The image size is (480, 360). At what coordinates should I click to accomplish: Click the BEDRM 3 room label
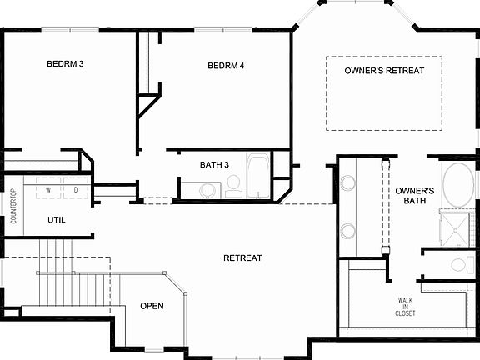pyautogui.click(x=65, y=64)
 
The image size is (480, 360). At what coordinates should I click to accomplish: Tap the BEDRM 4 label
pyautogui.click(x=226, y=66)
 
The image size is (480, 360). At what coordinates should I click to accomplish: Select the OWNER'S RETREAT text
pyautogui.click(x=384, y=71)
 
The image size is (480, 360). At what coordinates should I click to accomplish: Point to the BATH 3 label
pyautogui.click(x=214, y=164)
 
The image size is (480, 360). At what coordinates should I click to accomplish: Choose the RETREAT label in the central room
pyautogui.click(x=243, y=258)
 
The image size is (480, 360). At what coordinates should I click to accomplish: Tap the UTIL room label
pyautogui.click(x=57, y=221)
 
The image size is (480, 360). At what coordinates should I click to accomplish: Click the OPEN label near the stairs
pyautogui.click(x=152, y=306)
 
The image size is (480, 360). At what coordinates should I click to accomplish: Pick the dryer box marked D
pyautogui.click(x=76, y=190)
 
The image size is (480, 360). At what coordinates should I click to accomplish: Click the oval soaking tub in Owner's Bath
pyautogui.click(x=455, y=184)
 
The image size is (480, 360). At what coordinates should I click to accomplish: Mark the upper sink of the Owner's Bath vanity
pyautogui.click(x=347, y=183)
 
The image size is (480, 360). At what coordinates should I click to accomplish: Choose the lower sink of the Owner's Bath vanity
pyautogui.click(x=347, y=231)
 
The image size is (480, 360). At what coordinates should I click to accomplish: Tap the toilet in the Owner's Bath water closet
pyautogui.click(x=457, y=266)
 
